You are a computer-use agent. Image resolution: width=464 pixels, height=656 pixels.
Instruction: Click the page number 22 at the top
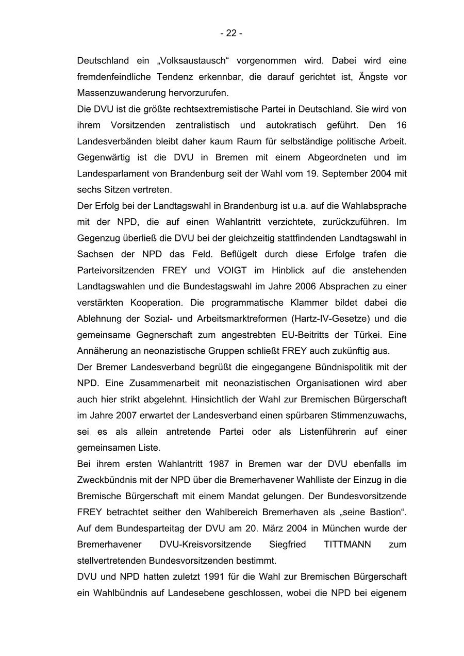pos(231,34)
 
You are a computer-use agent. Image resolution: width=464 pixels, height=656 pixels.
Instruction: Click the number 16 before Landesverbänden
pos(402,125)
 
